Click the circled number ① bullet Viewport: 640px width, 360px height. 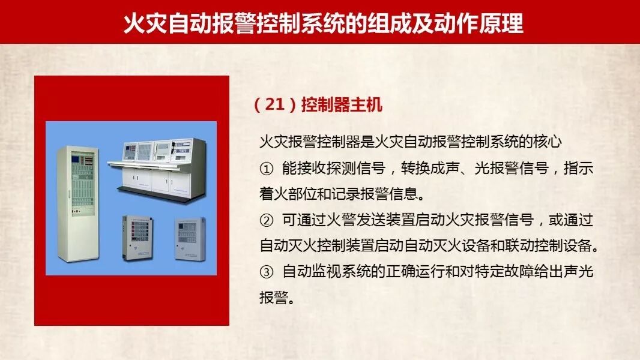coord(267,169)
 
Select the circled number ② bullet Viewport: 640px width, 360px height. coord(267,221)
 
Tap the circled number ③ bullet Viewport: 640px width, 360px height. coord(267,272)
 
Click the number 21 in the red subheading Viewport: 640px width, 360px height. coord(274,105)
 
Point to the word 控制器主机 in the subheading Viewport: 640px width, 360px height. coord(342,105)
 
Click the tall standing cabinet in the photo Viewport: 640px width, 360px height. coord(78,204)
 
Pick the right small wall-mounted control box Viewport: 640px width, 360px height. coord(190,239)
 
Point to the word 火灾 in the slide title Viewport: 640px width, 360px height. coord(145,23)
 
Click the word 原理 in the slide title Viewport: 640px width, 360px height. coord(502,23)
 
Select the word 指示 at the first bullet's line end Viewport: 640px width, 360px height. coord(578,168)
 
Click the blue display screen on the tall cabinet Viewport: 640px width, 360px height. coord(76,158)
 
